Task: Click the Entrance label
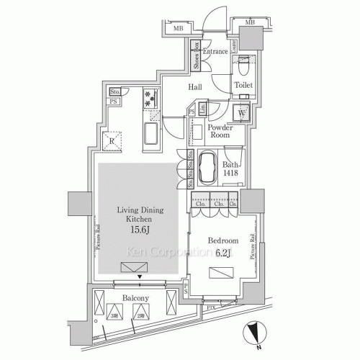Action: [x=215, y=52]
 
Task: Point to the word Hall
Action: [x=194, y=88]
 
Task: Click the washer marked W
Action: [x=242, y=114]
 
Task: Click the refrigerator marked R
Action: [x=113, y=141]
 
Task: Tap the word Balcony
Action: [x=135, y=297]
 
